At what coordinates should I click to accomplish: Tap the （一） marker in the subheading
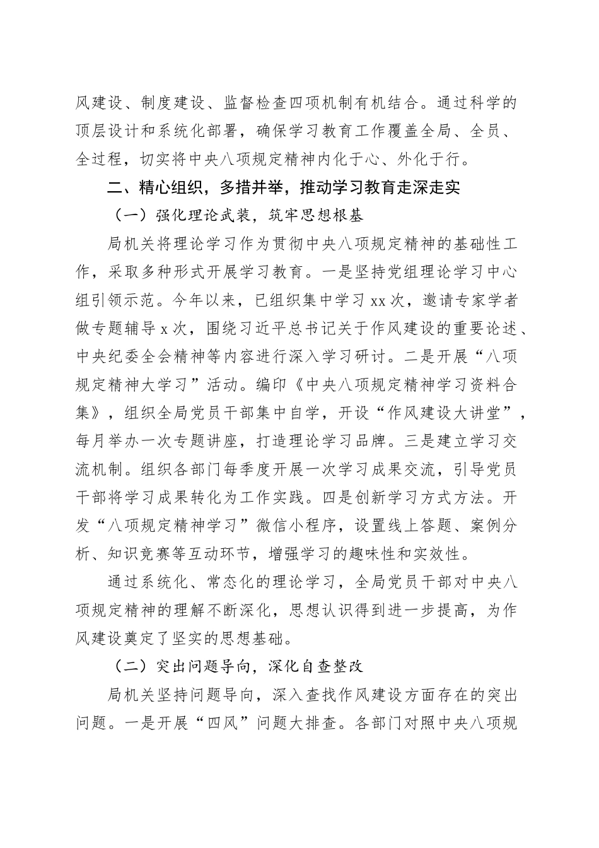click(x=125, y=215)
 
